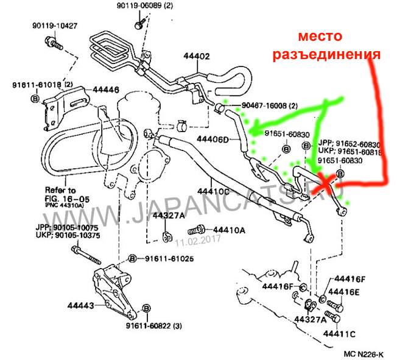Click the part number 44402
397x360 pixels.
pyautogui.click(x=196, y=57)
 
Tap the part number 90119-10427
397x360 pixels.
pyautogui.click(x=55, y=26)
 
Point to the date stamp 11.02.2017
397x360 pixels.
pyautogui.click(x=195, y=242)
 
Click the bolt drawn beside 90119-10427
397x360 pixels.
pyautogui.click(x=52, y=43)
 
